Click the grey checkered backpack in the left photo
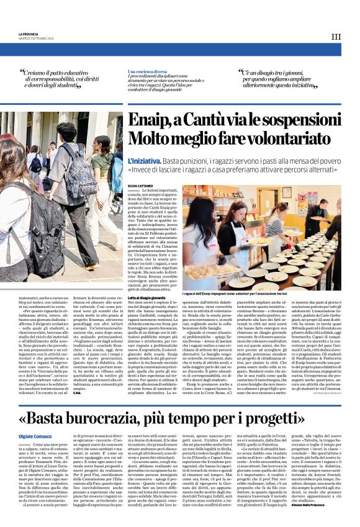tap(31, 248)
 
